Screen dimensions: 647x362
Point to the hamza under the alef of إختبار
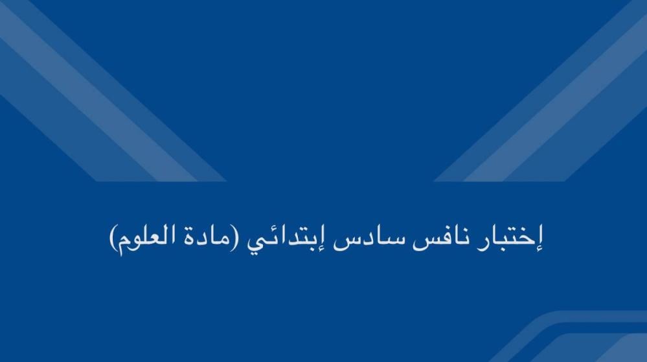coord(538,249)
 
